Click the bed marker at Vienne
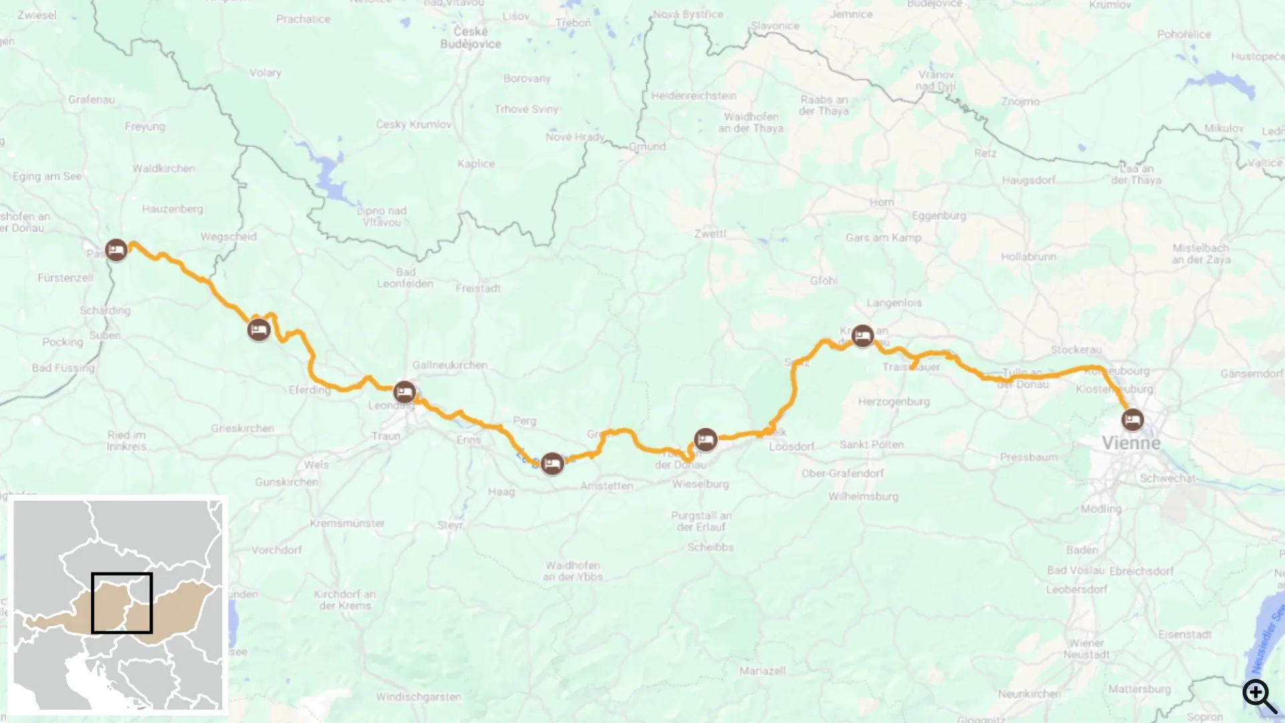(1132, 420)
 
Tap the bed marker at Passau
(116, 250)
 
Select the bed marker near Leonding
(404, 392)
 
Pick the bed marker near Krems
(863, 335)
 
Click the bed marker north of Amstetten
(552, 463)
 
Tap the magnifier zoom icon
(1260, 696)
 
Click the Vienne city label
(1131, 443)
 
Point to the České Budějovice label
(470, 37)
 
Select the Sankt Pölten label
(871, 445)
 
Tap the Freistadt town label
(478, 289)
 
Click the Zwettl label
(710, 234)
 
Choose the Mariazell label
(762, 670)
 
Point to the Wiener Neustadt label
(1086, 649)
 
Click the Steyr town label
(450, 525)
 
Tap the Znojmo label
(1020, 102)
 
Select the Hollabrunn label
(1029, 256)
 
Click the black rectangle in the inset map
(122, 602)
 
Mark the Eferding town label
(309, 390)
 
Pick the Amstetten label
(606, 486)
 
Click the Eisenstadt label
(1185, 634)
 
